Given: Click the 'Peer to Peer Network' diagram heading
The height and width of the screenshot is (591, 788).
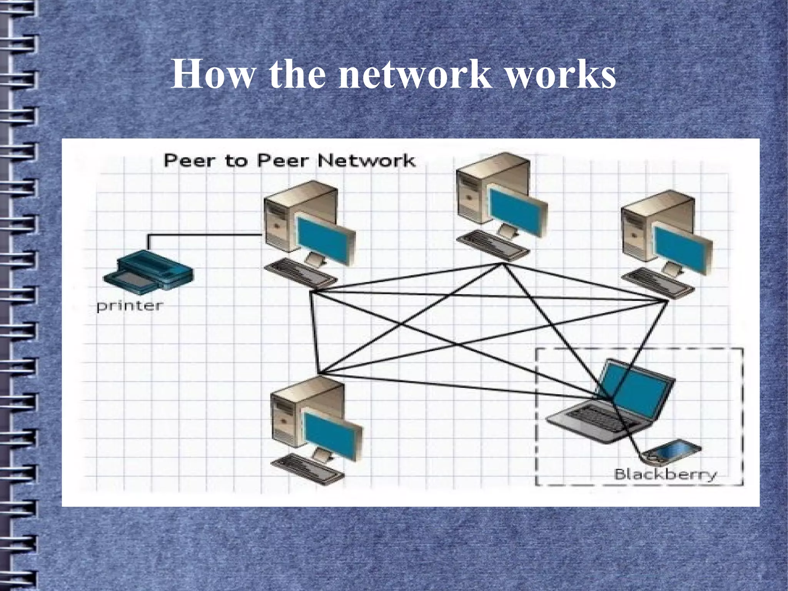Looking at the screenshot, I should click(289, 161).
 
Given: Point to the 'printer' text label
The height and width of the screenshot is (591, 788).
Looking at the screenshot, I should click(130, 306).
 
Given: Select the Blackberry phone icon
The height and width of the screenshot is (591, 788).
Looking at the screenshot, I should click(673, 451).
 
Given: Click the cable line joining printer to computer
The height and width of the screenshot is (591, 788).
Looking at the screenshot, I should click(204, 234).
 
